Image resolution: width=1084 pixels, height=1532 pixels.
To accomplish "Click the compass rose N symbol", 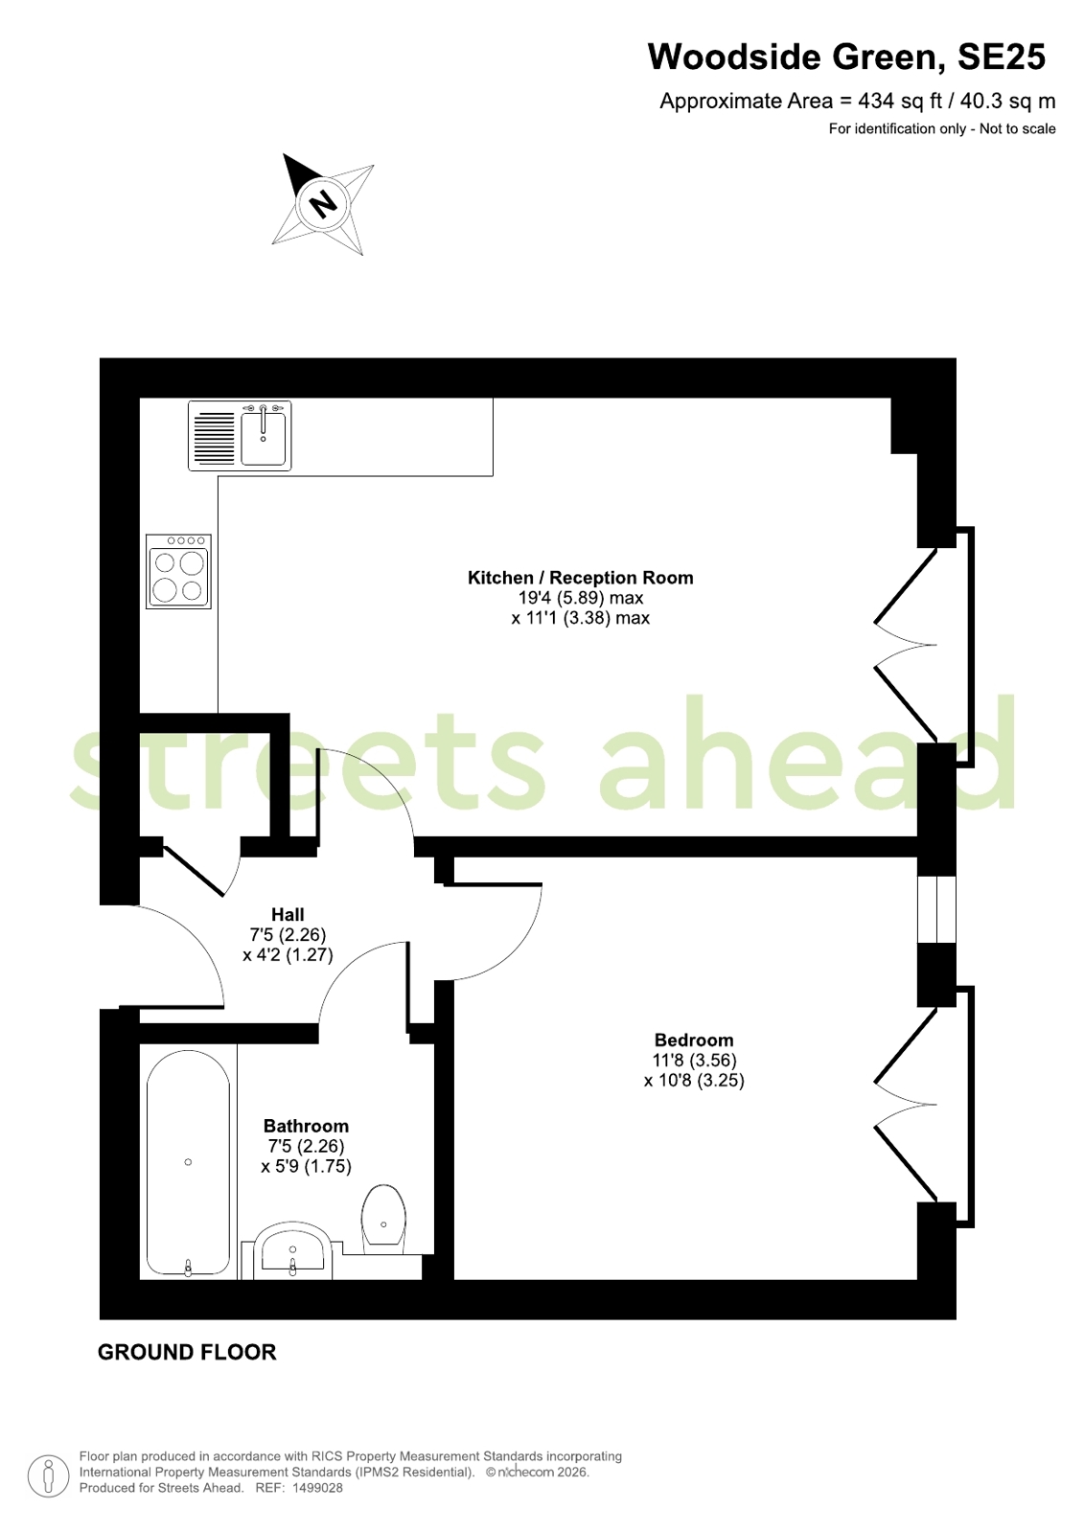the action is pos(323,204).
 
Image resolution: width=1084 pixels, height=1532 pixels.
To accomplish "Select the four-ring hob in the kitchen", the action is pos(178,572).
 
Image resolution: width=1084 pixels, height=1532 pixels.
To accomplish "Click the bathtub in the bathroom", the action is pos(188,1163).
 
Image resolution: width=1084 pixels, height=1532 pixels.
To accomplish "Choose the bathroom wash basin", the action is pos(293,1251).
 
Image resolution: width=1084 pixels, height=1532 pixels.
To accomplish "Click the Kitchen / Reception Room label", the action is pos(580,578).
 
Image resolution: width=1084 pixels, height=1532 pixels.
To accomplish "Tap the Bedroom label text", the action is pos(694,1040).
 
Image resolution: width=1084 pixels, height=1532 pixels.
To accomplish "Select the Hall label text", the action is pos(288,914).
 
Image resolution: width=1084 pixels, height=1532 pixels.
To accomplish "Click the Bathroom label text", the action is pos(306,1126).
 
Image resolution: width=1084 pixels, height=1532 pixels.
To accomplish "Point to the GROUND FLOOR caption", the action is pos(187,1352).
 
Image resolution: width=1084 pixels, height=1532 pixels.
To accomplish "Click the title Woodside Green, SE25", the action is pos(846,57).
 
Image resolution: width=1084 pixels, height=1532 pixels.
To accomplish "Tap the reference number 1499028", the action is pos(317,1488).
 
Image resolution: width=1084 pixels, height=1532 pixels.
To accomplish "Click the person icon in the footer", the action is pos(48,1475).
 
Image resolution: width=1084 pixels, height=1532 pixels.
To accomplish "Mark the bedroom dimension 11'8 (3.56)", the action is pos(694,1061).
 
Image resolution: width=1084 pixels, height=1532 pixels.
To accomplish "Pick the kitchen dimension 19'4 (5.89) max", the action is pos(580,598).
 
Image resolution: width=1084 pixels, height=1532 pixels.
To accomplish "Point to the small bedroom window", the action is pos(936,909).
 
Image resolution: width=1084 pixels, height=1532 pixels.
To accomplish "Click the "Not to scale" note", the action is pos(1017,128).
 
